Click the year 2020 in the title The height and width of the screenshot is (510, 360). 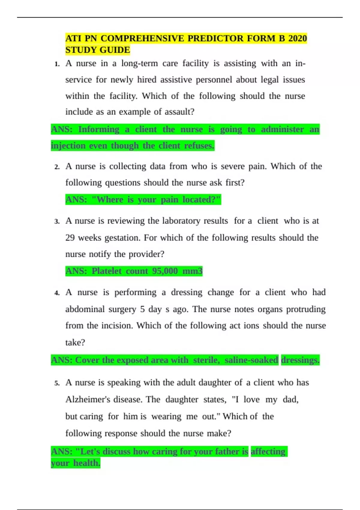tap(297, 38)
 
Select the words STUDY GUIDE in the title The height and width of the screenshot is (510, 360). tap(97, 50)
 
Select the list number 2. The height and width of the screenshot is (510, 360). tap(57, 167)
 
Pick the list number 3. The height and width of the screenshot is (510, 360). tap(57, 222)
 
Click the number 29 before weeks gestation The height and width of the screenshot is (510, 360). tap(70, 238)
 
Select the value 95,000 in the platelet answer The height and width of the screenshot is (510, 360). tap(165, 271)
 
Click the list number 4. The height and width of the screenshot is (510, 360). tap(57, 293)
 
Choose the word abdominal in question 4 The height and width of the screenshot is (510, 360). tap(85, 309)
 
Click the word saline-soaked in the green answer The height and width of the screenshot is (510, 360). tap(251, 360)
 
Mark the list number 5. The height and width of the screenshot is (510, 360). tap(57, 383)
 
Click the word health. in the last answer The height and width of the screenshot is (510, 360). tap(87, 463)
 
